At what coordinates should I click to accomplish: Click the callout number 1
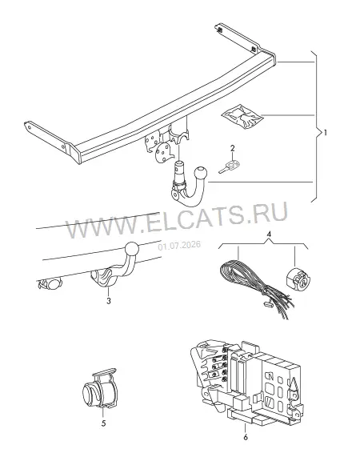tap(326, 133)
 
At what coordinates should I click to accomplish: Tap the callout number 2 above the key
tap(233, 148)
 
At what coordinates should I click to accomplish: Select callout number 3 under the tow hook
tap(109, 301)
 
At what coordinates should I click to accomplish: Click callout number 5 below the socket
tap(103, 423)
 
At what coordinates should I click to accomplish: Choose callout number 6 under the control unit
tap(246, 437)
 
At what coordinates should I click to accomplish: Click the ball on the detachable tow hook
tap(200, 172)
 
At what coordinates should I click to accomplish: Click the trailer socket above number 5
tap(99, 389)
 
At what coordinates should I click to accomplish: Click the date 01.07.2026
tap(179, 246)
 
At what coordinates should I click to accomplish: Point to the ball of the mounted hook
tap(132, 249)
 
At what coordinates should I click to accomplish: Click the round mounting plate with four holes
tap(162, 152)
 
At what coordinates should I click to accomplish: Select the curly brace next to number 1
tap(317, 126)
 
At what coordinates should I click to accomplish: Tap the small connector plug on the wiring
tap(267, 303)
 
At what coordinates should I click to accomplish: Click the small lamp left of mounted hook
tap(50, 284)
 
